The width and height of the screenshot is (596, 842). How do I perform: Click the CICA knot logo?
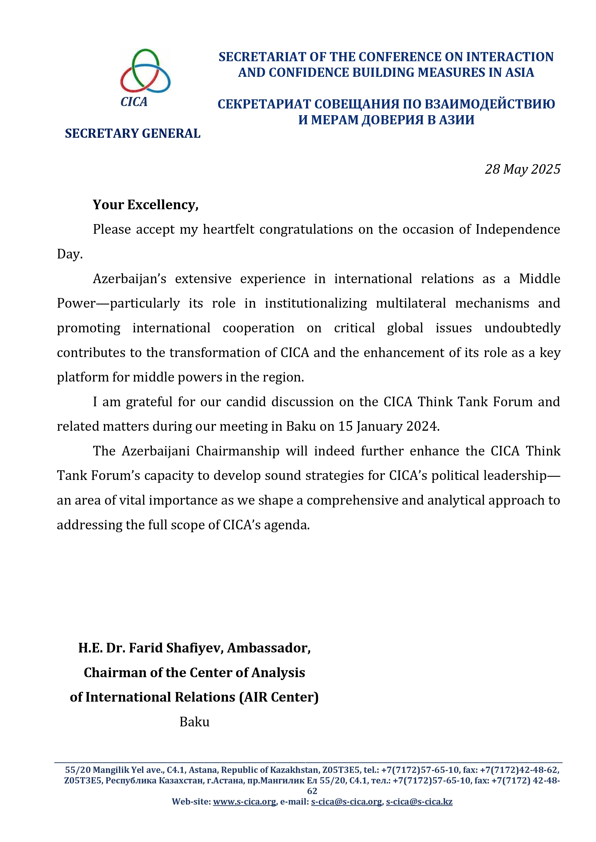pyautogui.click(x=145, y=71)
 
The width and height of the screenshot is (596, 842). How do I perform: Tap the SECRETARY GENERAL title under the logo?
pyautogui.click(x=133, y=133)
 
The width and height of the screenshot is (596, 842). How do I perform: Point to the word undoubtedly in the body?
pyautogui.click(x=522, y=328)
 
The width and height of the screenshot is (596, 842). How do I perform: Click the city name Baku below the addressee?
pyautogui.click(x=194, y=722)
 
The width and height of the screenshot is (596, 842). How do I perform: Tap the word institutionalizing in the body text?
pyautogui.click(x=316, y=303)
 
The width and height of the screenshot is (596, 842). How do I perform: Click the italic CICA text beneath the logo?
pyautogui.click(x=134, y=102)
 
